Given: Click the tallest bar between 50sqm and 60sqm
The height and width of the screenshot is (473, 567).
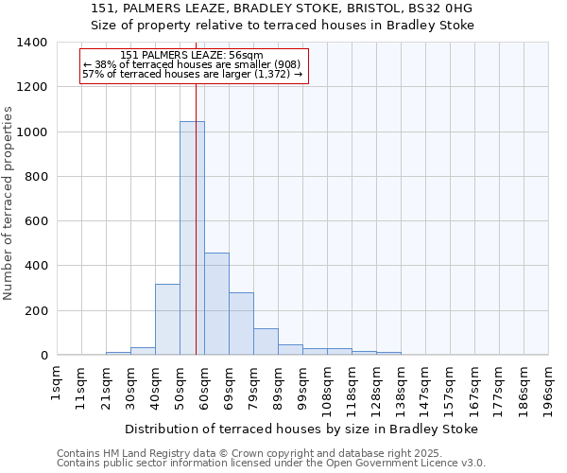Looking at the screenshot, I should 192,237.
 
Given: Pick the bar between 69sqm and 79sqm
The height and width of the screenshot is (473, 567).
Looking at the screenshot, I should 241,324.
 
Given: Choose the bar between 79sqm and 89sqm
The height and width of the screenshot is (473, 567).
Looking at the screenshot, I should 266,342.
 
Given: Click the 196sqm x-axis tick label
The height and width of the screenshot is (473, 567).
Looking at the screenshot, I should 549,387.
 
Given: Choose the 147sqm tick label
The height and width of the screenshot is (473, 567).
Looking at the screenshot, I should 426,387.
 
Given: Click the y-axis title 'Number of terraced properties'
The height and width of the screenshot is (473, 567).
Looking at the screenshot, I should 9,202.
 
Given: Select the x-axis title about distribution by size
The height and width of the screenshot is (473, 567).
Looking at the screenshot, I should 301,429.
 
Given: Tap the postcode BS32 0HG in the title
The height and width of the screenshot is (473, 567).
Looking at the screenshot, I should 444,9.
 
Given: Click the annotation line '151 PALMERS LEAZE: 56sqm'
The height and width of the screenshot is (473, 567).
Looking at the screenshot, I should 193,56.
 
